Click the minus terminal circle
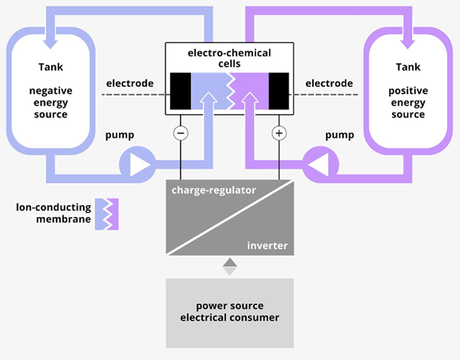coord(180,133)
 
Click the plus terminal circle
coord(279,133)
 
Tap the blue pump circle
coord(137,164)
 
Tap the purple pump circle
coord(321,164)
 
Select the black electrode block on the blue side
coord(180,91)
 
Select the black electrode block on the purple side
coord(279,91)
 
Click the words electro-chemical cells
coord(229,58)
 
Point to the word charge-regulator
coord(214,190)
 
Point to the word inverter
coord(268,245)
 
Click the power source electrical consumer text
coord(230,311)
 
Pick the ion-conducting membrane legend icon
coord(107,214)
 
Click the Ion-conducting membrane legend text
coord(54,213)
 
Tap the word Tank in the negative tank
coord(51,67)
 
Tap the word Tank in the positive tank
coord(408,67)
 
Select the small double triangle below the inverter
coord(230,267)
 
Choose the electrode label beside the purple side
coord(329,83)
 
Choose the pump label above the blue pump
coord(120,135)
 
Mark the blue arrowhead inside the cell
coord(208,97)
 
